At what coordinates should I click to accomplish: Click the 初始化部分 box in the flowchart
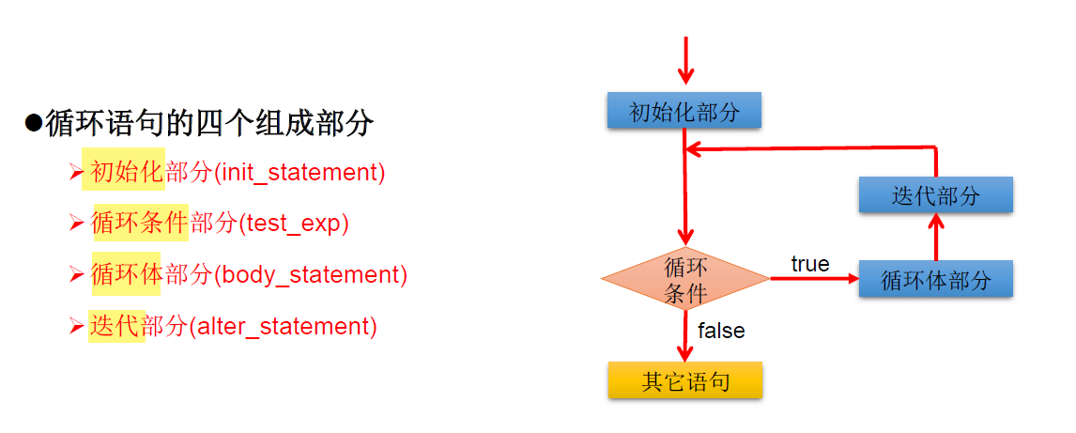[x=684, y=112]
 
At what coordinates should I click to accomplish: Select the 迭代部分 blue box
[x=935, y=194]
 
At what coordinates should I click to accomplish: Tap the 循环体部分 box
[x=935, y=279]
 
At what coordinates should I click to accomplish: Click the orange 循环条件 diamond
[x=684, y=279]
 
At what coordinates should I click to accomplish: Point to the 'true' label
[x=809, y=265]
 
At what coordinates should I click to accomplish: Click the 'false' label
[x=721, y=331]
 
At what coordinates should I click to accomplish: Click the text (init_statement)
[x=300, y=173]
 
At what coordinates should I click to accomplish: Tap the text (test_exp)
[x=293, y=224]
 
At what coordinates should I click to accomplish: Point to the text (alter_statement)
[x=283, y=327]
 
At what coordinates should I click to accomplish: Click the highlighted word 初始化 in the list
[x=127, y=173]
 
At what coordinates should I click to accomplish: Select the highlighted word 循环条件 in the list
[x=139, y=224]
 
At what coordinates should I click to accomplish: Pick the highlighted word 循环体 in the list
[x=127, y=275]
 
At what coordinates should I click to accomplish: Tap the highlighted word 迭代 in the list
[x=114, y=327]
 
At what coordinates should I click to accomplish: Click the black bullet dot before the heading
[x=34, y=123]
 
